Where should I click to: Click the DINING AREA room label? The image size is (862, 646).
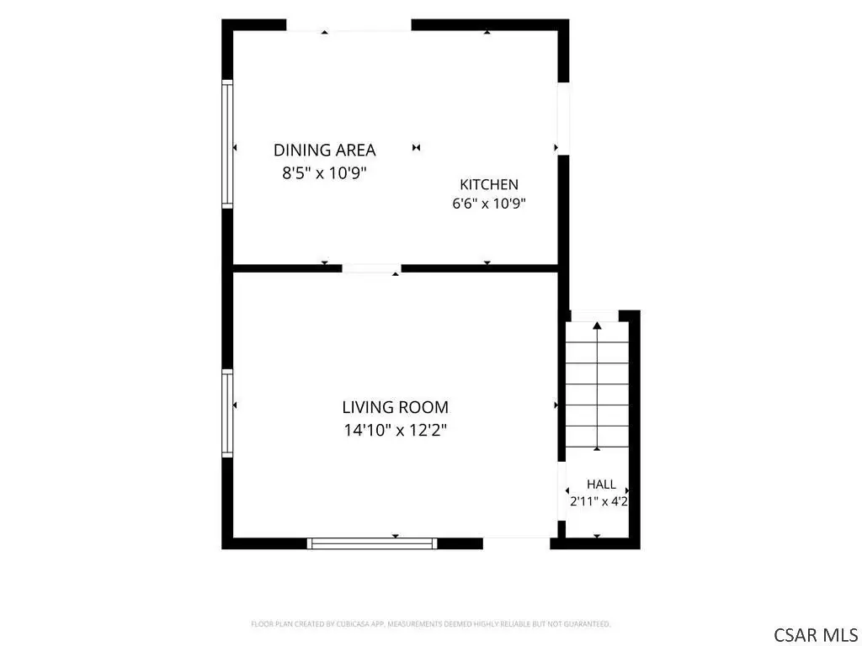coord(324,150)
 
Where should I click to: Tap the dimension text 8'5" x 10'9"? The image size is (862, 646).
coord(324,173)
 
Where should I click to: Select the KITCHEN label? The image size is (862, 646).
coord(489,184)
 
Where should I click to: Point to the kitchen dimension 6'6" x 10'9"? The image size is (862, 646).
coord(489,204)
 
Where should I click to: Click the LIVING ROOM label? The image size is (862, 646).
coord(396,407)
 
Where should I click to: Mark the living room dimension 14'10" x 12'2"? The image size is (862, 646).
coord(396,430)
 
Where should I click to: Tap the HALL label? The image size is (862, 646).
coord(601,484)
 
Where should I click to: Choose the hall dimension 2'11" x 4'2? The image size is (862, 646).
coord(599,501)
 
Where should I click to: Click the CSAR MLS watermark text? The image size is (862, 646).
coord(816,634)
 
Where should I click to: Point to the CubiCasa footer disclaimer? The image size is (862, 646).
coord(430,624)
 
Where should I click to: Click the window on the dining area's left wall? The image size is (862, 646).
coord(227,144)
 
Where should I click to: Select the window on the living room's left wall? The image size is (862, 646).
coord(227,413)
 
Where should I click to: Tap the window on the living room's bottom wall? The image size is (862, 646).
coord(372,543)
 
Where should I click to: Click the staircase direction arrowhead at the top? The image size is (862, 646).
coord(597,326)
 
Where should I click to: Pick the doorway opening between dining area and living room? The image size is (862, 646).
coord(371,268)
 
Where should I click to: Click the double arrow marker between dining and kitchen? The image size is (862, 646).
coord(416,147)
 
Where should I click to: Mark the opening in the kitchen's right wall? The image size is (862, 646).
coord(563,119)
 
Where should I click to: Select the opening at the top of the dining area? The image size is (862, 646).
coord(349,25)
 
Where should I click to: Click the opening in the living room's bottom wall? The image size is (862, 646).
coord(516,543)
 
